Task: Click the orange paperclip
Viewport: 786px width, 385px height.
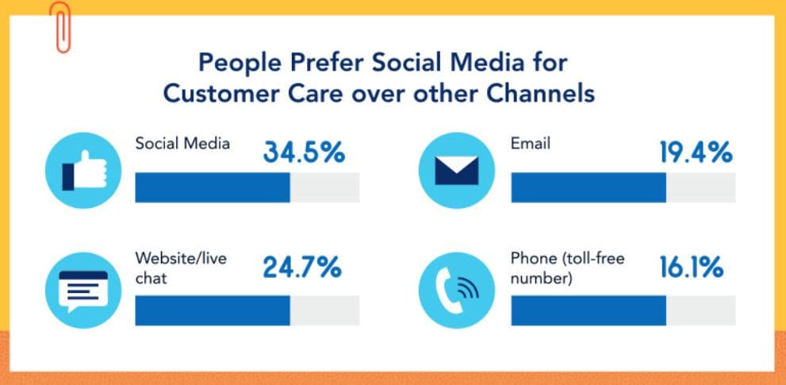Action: pyautogui.click(x=60, y=27)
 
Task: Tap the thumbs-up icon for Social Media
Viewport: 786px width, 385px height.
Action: pyautogui.click(x=82, y=170)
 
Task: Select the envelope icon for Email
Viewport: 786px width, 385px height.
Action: pyautogui.click(x=456, y=170)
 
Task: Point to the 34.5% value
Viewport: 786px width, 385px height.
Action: pyautogui.click(x=304, y=152)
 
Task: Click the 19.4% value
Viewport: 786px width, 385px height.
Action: pyautogui.click(x=696, y=152)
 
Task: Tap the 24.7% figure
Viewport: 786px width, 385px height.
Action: pyautogui.click(x=302, y=268)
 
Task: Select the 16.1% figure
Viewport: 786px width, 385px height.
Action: pyautogui.click(x=691, y=268)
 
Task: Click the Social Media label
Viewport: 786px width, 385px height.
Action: pyautogui.click(x=182, y=144)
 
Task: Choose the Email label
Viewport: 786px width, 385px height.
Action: pyautogui.click(x=531, y=144)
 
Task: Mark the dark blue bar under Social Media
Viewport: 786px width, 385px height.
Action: pyautogui.click(x=213, y=187)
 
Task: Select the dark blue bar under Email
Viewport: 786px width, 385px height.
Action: pyautogui.click(x=588, y=187)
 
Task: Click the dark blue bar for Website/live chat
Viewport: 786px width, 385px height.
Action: pyautogui.click(x=213, y=310)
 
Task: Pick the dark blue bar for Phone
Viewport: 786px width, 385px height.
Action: pyautogui.click(x=588, y=310)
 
